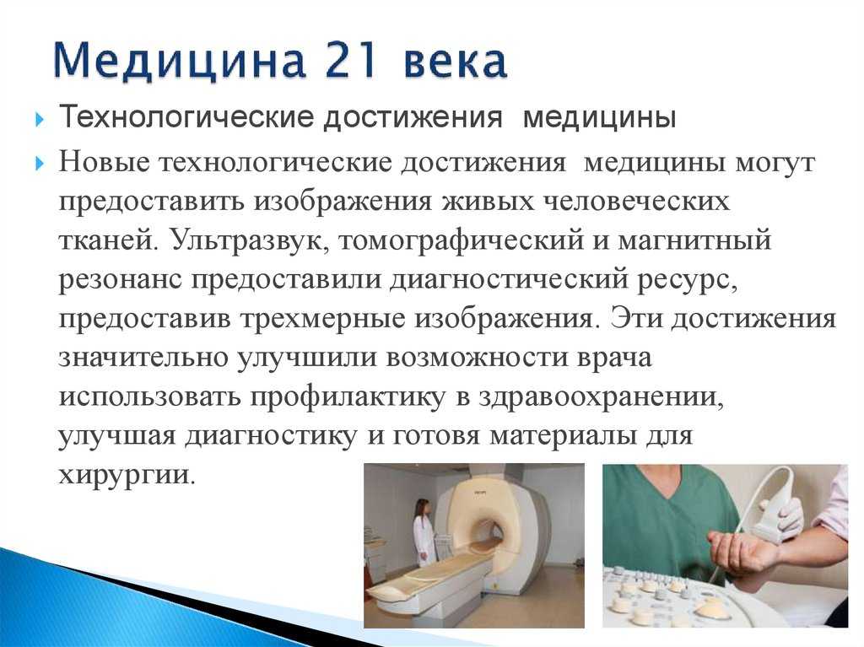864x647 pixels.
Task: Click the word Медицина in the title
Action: [x=180, y=62]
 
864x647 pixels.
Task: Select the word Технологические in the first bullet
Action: [x=188, y=117]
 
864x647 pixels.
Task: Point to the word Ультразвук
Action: [x=246, y=240]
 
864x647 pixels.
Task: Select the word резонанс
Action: [x=120, y=280]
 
